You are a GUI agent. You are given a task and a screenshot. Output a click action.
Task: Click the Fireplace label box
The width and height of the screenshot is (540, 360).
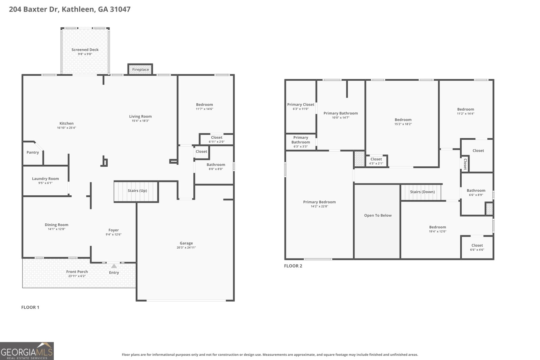140,70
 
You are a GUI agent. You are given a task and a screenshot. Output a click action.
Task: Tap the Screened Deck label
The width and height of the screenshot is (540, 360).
85,50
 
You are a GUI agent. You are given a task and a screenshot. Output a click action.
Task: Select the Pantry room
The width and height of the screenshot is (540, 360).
33,153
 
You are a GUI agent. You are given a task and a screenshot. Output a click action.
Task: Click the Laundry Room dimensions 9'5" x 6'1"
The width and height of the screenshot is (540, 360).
45,183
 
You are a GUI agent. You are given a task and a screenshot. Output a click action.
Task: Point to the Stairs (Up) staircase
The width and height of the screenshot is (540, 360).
137,191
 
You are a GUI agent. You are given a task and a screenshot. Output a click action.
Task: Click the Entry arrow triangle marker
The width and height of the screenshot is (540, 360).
114,266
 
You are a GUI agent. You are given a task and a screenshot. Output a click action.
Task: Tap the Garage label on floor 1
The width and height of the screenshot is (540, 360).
186,243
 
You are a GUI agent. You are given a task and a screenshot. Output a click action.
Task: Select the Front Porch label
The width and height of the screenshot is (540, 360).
77,272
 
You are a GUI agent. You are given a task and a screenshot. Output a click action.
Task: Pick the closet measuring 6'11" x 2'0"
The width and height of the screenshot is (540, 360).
217,139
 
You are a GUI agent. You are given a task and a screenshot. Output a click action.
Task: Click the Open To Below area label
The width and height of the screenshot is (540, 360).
378,215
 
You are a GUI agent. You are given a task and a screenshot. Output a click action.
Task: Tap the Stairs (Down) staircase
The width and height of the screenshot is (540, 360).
422,192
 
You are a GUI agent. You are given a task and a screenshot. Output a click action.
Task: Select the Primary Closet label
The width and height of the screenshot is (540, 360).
301,105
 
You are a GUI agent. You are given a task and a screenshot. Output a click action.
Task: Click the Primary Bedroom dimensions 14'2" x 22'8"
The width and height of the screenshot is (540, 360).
319,206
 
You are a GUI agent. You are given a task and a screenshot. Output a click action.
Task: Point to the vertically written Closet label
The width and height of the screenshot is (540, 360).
465,164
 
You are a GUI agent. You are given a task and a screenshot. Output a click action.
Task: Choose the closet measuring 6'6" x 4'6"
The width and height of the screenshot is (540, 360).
477,247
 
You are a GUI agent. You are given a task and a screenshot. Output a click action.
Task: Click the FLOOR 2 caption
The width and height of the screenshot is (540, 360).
293,266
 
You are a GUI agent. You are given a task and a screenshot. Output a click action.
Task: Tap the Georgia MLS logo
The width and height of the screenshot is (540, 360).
27,351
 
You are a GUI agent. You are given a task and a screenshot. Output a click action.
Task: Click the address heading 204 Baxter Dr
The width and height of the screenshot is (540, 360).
70,9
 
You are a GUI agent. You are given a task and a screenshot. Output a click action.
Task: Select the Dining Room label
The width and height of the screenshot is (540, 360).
56,225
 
